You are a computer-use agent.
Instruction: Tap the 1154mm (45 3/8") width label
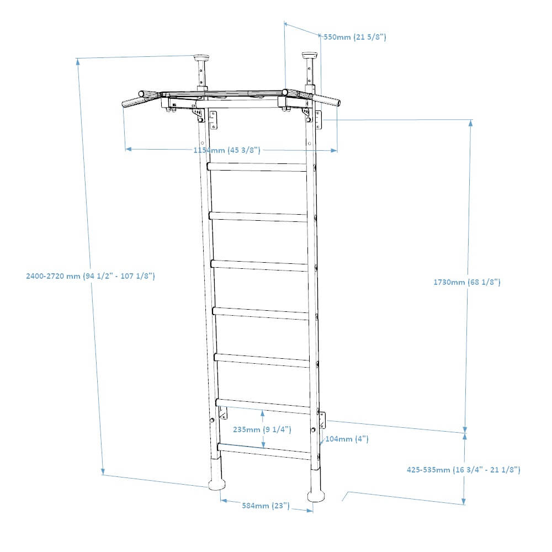pyautogui.click(x=226, y=150)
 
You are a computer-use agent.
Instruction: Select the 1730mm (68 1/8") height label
pyautogui.click(x=467, y=282)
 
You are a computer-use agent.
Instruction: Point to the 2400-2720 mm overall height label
pyautogui.click(x=90, y=276)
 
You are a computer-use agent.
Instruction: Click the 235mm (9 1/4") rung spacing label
pyautogui.click(x=262, y=429)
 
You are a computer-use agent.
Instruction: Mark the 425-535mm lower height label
pyautogui.click(x=464, y=470)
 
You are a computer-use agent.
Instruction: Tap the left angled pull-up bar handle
pyautogui.click(x=133, y=101)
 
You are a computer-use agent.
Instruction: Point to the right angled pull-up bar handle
pyautogui.click(x=328, y=100)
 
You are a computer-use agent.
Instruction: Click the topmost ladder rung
pyautogui.click(x=257, y=167)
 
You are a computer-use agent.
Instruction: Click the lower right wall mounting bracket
pyautogui.click(x=323, y=420)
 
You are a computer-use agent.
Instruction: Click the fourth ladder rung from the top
pyautogui.click(x=261, y=313)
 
